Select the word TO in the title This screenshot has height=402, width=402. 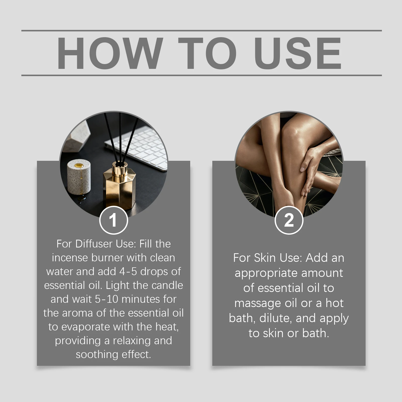tap(207, 53)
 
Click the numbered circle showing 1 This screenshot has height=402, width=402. tap(114, 220)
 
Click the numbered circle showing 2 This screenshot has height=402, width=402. tap(289, 220)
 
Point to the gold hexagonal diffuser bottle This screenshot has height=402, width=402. tap(120, 186)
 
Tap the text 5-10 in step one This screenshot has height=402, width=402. tap(107, 299)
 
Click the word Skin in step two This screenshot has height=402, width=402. tap(265, 258)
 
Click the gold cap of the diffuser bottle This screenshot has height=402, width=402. tap(119, 168)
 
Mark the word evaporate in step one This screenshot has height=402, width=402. tap(85, 327)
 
